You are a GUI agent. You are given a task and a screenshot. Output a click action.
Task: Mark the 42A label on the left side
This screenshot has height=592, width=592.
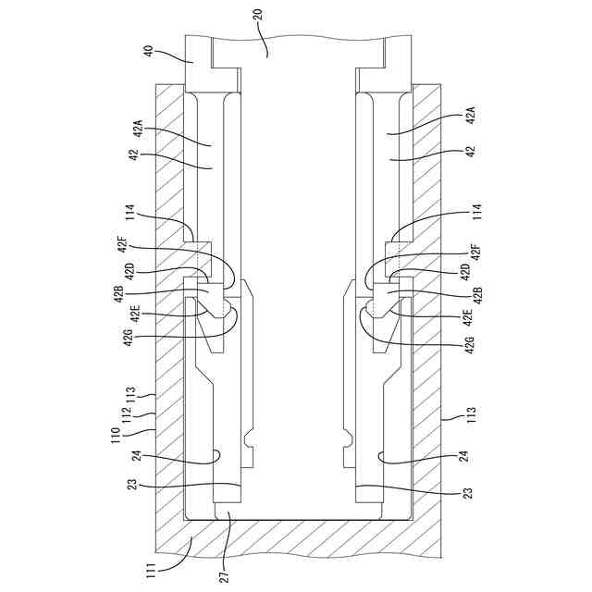coord(137,127)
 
